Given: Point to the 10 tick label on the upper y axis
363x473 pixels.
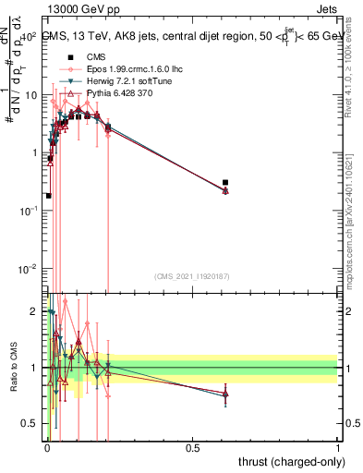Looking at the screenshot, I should [32, 95].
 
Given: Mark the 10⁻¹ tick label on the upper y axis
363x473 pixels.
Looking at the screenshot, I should [30, 211].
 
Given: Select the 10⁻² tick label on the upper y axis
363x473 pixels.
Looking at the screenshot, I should [30, 269].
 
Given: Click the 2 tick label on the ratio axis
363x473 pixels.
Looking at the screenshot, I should [34, 311].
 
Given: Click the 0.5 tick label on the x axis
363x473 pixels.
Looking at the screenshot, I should [193, 447].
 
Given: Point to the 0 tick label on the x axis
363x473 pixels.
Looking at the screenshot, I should [47, 447].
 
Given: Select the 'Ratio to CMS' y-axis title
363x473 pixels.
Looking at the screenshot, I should [13, 367].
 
